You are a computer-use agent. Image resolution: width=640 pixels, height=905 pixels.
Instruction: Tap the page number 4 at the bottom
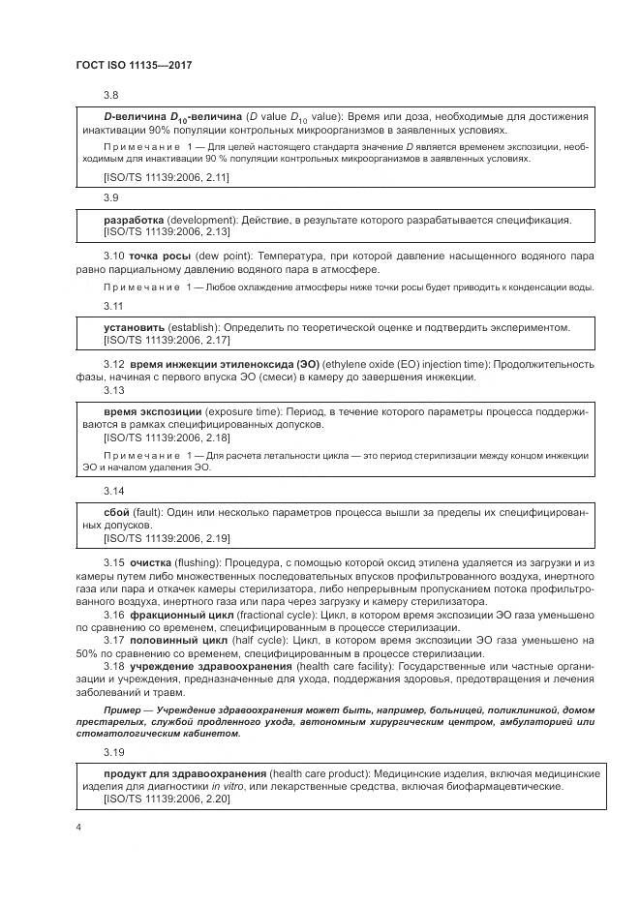coord(76,828)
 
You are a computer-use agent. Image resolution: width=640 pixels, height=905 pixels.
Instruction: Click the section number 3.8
coord(110,95)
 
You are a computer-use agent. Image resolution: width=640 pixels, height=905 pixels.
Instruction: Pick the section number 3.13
coord(113,390)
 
